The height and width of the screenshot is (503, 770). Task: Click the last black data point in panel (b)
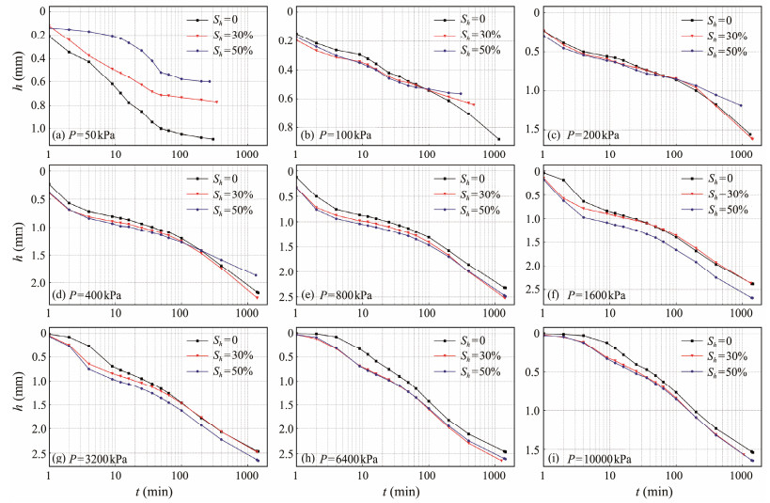coord(498,139)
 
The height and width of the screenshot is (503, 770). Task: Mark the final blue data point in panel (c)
coord(741,105)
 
